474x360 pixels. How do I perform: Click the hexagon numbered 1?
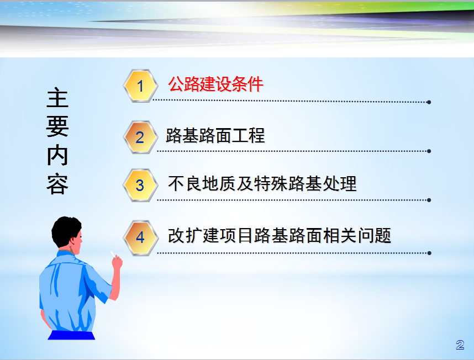(x=140, y=86)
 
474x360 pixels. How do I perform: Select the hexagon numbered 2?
(x=140, y=137)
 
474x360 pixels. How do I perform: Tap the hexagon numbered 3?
(x=140, y=185)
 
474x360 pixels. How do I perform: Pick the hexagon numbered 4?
(x=140, y=237)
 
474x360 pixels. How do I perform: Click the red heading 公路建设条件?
(x=215, y=84)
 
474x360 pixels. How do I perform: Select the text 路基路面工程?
(x=215, y=135)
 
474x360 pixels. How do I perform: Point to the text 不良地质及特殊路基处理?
(x=262, y=184)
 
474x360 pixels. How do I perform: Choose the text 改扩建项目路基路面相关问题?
(x=280, y=236)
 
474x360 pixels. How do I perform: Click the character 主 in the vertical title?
(x=57, y=98)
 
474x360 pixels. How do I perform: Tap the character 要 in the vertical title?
(x=57, y=126)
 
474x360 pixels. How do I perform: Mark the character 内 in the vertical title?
(x=57, y=155)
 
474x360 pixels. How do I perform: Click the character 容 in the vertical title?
(x=57, y=184)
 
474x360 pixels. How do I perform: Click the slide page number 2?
(x=460, y=345)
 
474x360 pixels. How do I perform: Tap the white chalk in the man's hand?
(x=113, y=254)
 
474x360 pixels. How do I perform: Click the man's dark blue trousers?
(x=71, y=335)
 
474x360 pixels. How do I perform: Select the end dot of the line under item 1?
(x=429, y=102)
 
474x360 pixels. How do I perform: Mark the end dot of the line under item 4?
(x=429, y=253)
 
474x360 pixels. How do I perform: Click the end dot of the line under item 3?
(x=429, y=200)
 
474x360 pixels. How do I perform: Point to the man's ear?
(x=72, y=240)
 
